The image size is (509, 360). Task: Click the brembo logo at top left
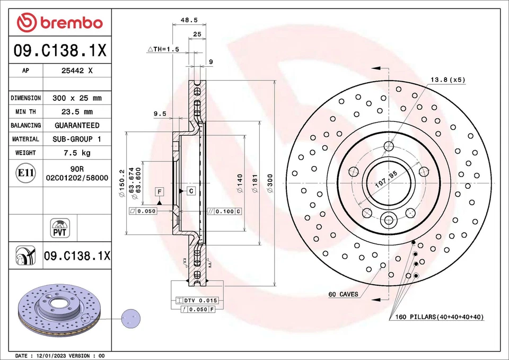59,22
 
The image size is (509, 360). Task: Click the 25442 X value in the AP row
77,70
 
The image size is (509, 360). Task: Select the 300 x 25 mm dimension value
77,98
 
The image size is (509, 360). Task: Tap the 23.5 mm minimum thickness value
77,112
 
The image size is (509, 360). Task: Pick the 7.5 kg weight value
77,153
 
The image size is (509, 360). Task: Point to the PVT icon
59,227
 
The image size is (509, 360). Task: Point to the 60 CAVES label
343,294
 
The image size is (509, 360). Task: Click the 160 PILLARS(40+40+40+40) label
440,317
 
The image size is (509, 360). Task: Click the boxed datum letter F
159,190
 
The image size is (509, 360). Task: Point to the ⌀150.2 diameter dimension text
122,183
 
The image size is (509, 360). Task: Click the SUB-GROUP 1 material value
77,139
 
